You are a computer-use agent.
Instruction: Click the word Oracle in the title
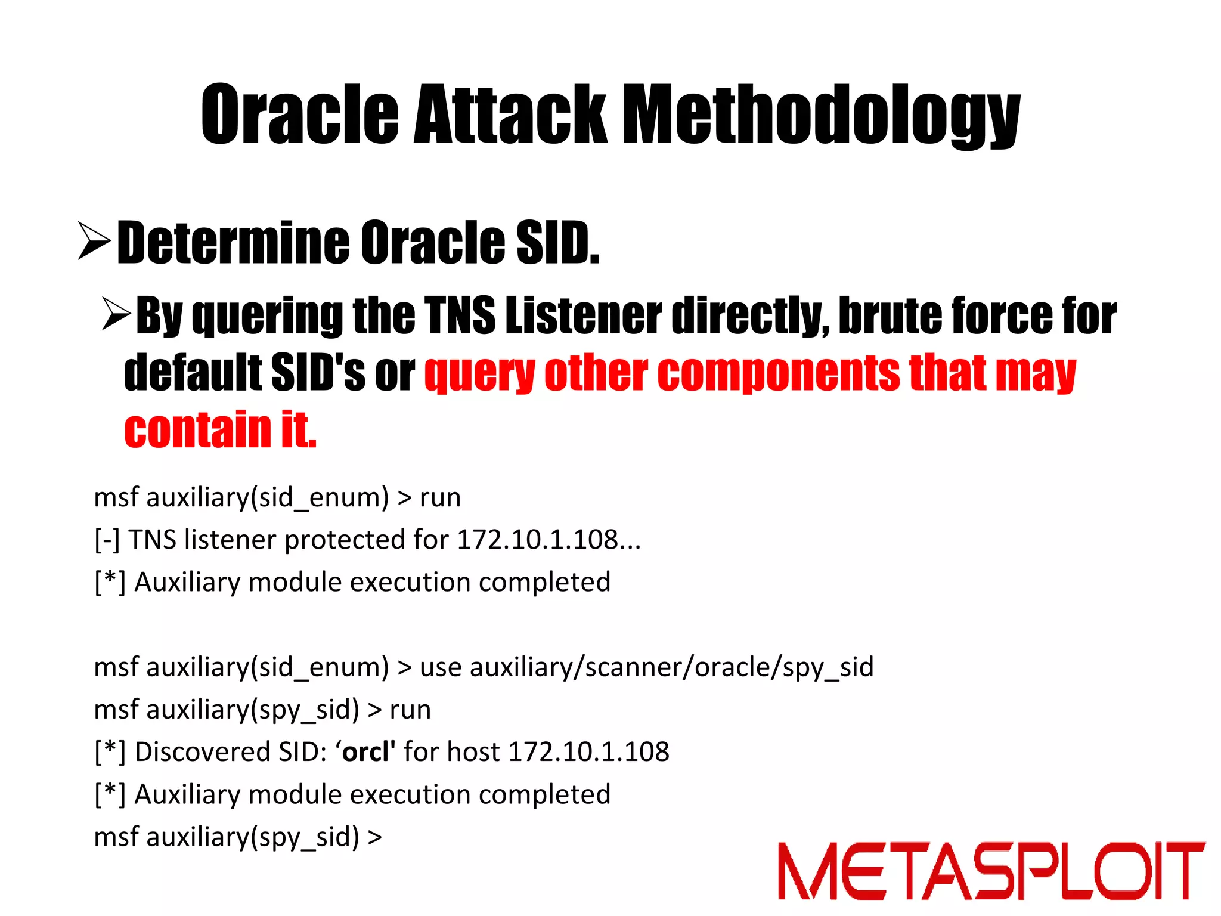(x=299, y=114)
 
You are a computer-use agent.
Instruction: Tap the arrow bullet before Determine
(x=94, y=241)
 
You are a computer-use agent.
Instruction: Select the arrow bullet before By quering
(x=116, y=314)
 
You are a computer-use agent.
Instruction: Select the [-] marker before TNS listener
(x=107, y=540)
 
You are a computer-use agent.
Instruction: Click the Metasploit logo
(x=991, y=871)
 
